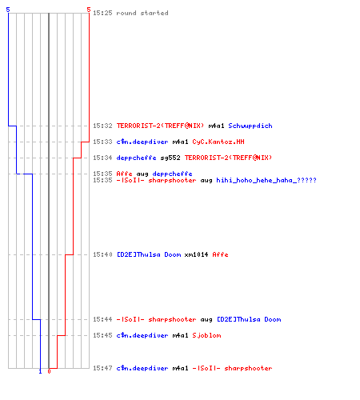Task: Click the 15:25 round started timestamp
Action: tap(102, 13)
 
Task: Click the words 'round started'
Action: tap(142, 13)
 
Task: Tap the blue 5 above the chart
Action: tap(8, 10)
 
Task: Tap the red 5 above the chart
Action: tap(89, 10)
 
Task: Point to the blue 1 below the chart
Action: tap(40, 371)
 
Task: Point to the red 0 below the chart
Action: tap(49, 371)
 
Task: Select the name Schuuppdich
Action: tap(250, 126)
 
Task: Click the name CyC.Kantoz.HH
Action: tap(218, 142)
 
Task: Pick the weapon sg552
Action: tap(170, 158)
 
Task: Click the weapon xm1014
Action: tap(196, 254)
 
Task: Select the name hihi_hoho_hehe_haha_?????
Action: tap(266, 181)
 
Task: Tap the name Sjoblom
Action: tap(206, 335)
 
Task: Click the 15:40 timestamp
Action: tap(102, 254)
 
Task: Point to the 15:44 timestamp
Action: tap(102, 319)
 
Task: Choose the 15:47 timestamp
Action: tap(102, 368)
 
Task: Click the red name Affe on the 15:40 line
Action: tap(220, 254)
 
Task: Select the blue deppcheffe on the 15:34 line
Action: tap(136, 158)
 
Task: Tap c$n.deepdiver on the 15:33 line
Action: tap(142, 142)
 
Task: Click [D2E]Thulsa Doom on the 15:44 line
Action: tap(249, 319)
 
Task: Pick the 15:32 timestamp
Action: tap(102, 126)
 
